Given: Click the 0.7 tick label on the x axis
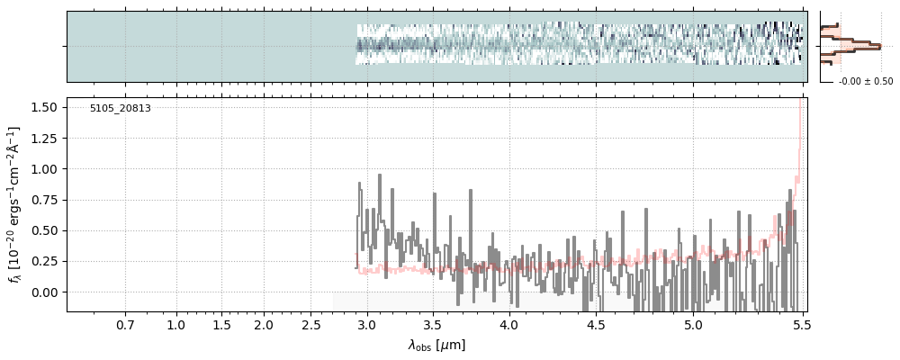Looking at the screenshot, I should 125,324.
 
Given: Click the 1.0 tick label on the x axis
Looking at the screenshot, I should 176,324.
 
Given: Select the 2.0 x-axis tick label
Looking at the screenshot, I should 263,324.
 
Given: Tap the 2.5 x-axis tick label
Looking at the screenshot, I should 311,324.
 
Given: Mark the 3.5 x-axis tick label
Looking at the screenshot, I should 434,324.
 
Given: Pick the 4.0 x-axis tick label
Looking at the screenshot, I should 508,324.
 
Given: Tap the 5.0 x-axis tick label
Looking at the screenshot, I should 693,324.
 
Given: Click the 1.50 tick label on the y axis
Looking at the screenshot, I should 44,107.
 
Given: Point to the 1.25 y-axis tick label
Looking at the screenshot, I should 44,138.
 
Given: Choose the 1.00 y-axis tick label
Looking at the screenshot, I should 44,168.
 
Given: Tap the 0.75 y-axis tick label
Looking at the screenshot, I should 44,200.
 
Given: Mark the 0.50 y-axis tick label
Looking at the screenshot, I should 44,230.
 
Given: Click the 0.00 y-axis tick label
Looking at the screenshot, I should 44,292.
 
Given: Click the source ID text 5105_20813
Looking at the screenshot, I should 120,109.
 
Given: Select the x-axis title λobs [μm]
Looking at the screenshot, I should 436,345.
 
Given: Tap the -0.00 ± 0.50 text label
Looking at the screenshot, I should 866,82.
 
